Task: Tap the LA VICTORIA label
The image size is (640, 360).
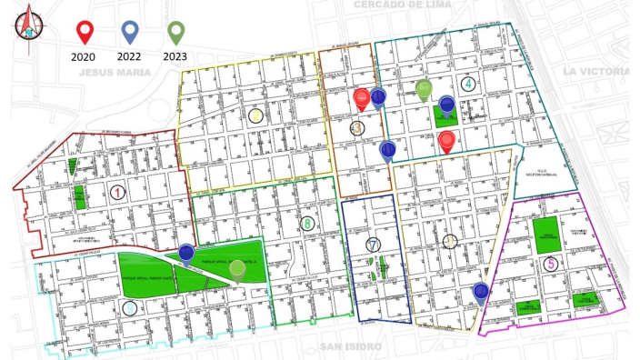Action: click(x=595, y=71)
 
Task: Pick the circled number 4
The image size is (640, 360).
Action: click(x=467, y=85)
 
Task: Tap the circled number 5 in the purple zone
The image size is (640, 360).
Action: click(x=551, y=264)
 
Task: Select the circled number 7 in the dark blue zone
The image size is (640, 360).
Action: click(x=373, y=244)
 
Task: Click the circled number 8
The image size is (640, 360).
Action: click(x=308, y=224)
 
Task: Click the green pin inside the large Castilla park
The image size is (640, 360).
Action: click(x=237, y=268)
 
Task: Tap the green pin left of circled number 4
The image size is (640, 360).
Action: click(x=424, y=89)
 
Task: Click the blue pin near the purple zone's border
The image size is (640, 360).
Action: click(x=480, y=292)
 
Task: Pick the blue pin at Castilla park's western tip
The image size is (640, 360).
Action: click(x=185, y=252)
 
